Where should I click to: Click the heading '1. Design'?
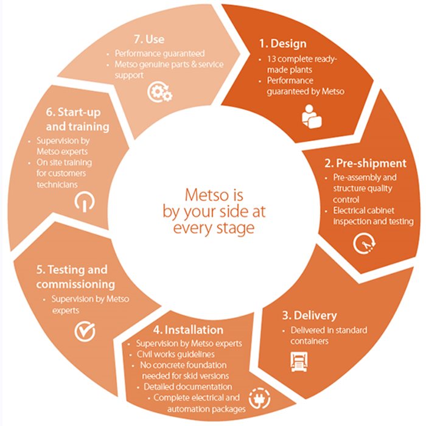point(282,44)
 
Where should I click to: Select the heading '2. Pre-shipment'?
point(363,163)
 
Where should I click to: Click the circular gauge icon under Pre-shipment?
point(364,243)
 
